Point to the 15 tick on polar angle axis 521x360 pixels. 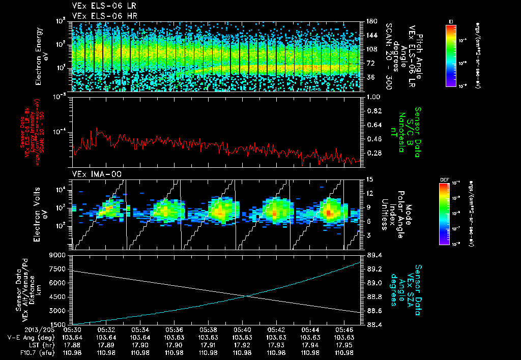[365, 179]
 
